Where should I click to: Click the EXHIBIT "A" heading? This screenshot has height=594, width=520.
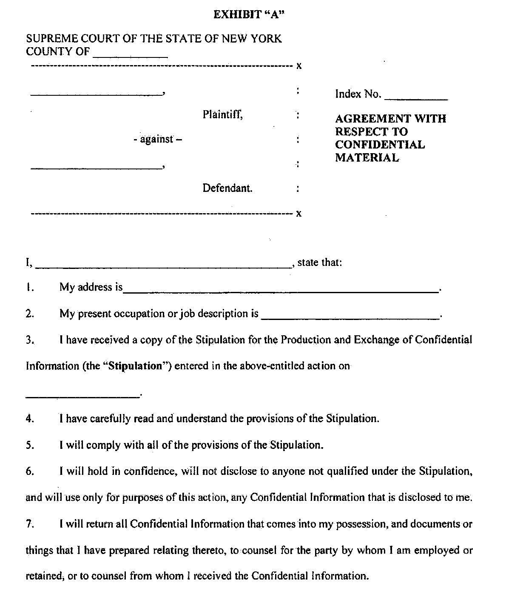pos(249,15)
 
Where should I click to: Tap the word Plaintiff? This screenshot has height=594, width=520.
pos(222,114)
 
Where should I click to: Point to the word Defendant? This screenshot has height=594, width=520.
pos(227,188)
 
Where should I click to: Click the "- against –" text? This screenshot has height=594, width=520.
pos(157,139)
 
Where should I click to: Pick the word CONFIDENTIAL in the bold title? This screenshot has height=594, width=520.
pos(380,145)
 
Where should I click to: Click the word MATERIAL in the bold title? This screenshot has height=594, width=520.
pos(367,158)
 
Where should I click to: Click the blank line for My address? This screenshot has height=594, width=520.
pos(281,291)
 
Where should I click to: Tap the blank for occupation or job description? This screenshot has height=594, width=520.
pos(350,317)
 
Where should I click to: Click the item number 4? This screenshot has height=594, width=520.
pos(29,419)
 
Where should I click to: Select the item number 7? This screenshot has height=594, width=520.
pos(29,524)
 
